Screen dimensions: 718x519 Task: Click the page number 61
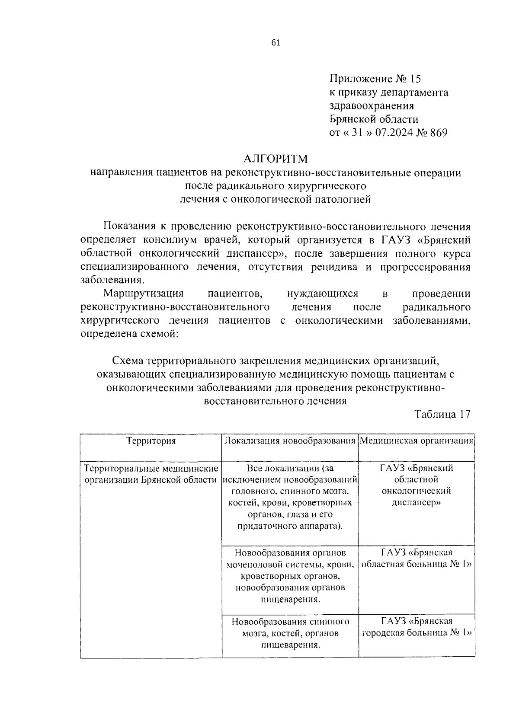(x=276, y=42)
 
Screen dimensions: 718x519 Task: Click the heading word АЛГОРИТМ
(x=275, y=159)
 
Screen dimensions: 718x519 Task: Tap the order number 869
(x=438, y=132)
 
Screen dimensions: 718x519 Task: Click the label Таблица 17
(x=442, y=414)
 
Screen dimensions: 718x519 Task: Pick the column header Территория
(x=151, y=440)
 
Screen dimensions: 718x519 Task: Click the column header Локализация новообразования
(x=289, y=440)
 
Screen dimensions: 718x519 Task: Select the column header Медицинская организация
(x=416, y=440)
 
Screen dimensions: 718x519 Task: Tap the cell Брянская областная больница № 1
(x=416, y=558)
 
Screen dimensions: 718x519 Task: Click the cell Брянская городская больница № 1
(x=416, y=627)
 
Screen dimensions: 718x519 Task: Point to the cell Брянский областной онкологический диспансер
(x=416, y=485)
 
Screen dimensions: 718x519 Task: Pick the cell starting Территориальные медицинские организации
(x=151, y=474)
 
